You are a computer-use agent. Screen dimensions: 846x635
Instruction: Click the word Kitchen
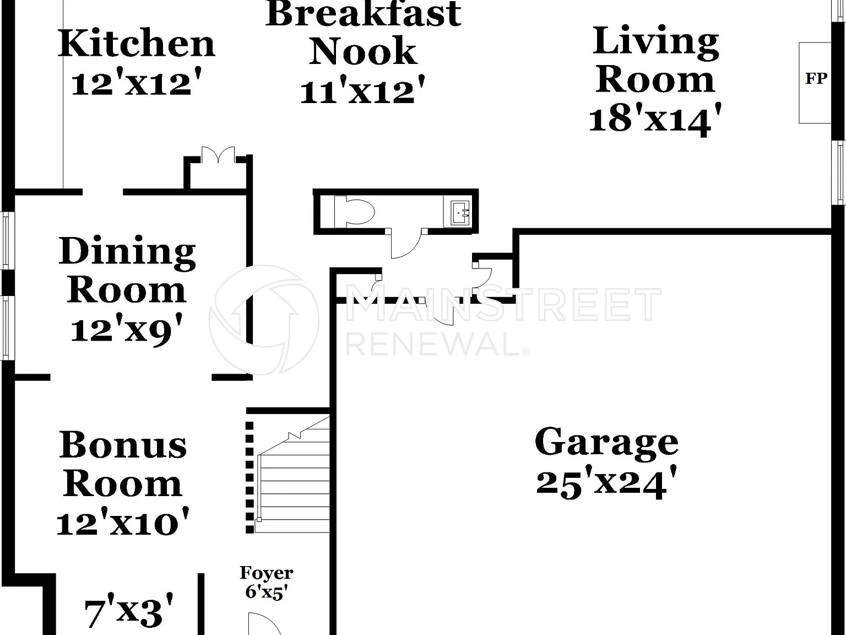[x=137, y=44]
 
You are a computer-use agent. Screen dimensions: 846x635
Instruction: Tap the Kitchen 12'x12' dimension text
[x=137, y=82]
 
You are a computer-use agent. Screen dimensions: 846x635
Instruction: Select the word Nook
[x=363, y=51]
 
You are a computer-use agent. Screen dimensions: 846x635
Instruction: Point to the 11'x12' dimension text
[x=362, y=90]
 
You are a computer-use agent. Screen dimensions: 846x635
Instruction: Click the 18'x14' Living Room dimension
[x=655, y=119]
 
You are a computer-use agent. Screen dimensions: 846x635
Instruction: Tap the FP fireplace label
[x=816, y=79]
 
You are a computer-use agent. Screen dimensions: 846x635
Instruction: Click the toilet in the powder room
[x=355, y=211]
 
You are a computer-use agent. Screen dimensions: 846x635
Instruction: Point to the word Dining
[x=127, y=251]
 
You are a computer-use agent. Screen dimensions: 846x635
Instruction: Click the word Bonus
[x=123, y=445]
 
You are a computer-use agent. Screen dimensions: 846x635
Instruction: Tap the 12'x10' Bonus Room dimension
[x=123, y=521]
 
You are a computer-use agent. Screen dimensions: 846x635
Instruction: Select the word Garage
[x=606, y=443]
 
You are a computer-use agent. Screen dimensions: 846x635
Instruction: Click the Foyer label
[x=267, y=573]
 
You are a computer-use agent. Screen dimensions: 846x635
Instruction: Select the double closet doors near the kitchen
[x=218, y=154]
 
